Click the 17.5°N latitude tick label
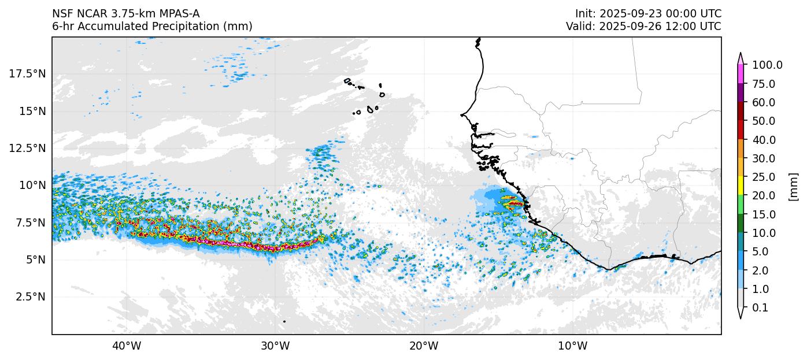pyautogui.click(x=28, y=73)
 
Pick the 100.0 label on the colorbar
pyautogui.click(x=767, y=65)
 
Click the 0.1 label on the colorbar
pyautogui.click(x=760, y=308)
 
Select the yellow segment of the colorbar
pyautogui.click(x=741, y=186)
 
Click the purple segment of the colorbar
pyautogui.click(x=741, y=93)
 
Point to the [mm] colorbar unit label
pyautogui.click(x=793, y=187)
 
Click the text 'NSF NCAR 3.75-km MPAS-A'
pyautogui.click(x=126, y=13)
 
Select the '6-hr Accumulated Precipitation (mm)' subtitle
pyautogui.click(x=152, y=26)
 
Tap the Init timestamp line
pyautogui.click(x=648, y=13)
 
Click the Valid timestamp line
pyautogui.click(x=643, y=26)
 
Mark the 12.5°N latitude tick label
pyautogui.click(x=28, y=148)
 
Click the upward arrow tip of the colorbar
pyautogui.click(x=741, y=54)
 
